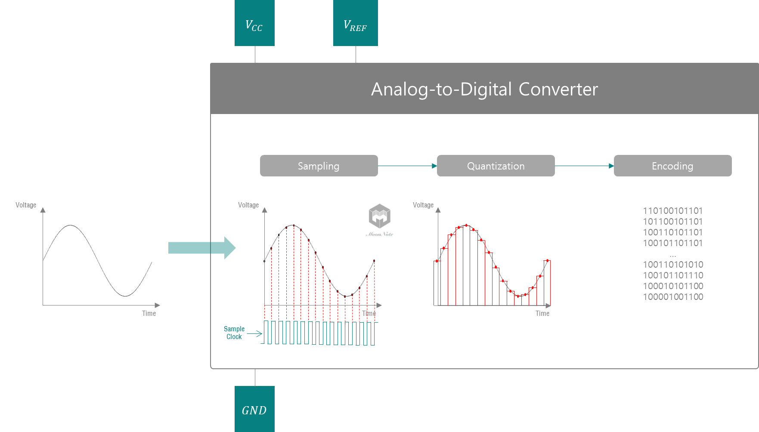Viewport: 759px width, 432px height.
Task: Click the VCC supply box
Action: pos(254,23)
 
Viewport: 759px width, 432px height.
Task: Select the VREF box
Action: pos(355,23)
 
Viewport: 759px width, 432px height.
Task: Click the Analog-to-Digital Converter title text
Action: pos(484,89)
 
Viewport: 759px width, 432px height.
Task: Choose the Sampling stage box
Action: pos(319,166)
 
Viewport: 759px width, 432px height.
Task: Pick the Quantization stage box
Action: pos(496,166)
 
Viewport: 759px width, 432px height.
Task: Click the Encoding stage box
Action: pos(672,166)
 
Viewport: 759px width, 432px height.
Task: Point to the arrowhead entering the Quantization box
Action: pos(434,166)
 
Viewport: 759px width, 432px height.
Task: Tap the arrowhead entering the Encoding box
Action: pos(611,166)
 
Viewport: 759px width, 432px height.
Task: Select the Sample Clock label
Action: pos(234,333)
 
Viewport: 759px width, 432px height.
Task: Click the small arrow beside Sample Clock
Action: pos(255,333)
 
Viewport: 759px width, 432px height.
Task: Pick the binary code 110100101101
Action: pos(672,211)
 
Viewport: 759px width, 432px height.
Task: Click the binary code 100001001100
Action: pos(673,297)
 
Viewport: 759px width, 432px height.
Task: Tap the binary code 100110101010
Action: pos(673,265)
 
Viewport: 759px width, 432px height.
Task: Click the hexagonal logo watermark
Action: pos(379,216)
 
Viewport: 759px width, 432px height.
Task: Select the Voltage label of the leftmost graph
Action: pos(26,205)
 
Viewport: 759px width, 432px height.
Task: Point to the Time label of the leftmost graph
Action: pos(149,313)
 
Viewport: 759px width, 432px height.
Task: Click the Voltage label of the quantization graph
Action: pos(423,205)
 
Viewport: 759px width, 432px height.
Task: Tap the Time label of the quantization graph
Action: pos(542,313)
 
